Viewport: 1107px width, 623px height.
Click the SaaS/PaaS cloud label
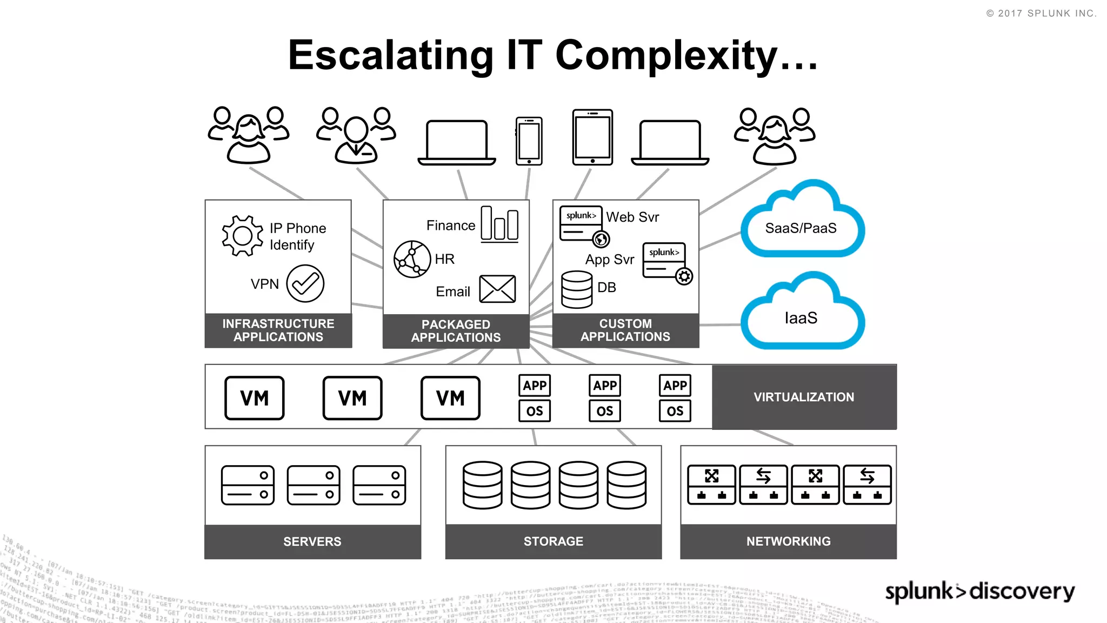pyautogui.click(x=801, y=228)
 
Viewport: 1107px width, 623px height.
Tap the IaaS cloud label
pyautogui.click(x=801, y=318)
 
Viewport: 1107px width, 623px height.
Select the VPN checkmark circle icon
pyautogui.click(x=305, y=283)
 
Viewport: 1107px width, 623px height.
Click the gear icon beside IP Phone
pyautogui.click(x=242, y=236)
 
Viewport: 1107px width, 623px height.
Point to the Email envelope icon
pyautogui.click(x=497, y=289)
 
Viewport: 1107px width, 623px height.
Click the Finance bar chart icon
pyautogui.click(x=499, y=223)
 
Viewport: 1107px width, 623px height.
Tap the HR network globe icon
pyautogui.click(x=412, y=259)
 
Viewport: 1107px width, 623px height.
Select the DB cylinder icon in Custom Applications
pyautogui.click(x=577, y=289)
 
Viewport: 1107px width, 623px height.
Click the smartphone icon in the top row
pyautogui.click(x=529, y=141)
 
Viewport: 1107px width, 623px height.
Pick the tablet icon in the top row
pyautogui.click(x=592, y=137)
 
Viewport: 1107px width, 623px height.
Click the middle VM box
pyautogui.click(x=352, y=398)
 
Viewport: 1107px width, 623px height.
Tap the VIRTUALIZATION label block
pyautogui.click(x=804, y=397)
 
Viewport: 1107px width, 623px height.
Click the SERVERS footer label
pyautogui.click(x=312, y=541)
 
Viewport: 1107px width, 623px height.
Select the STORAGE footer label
pyautogui.click(x=553, y=541)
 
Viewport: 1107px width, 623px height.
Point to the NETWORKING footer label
pyautogui.click(x=788, y=541)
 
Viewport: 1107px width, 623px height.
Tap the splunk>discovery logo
pyautogui.click(x=979, y=591)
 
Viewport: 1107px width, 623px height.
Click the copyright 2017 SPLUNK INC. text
pyautogui.click(x=1041, y=14)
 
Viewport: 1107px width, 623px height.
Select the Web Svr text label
pyautogui.click(x=632, y=217)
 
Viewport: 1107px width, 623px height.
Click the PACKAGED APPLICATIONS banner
pyautogui.click(x=456, y=331)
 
